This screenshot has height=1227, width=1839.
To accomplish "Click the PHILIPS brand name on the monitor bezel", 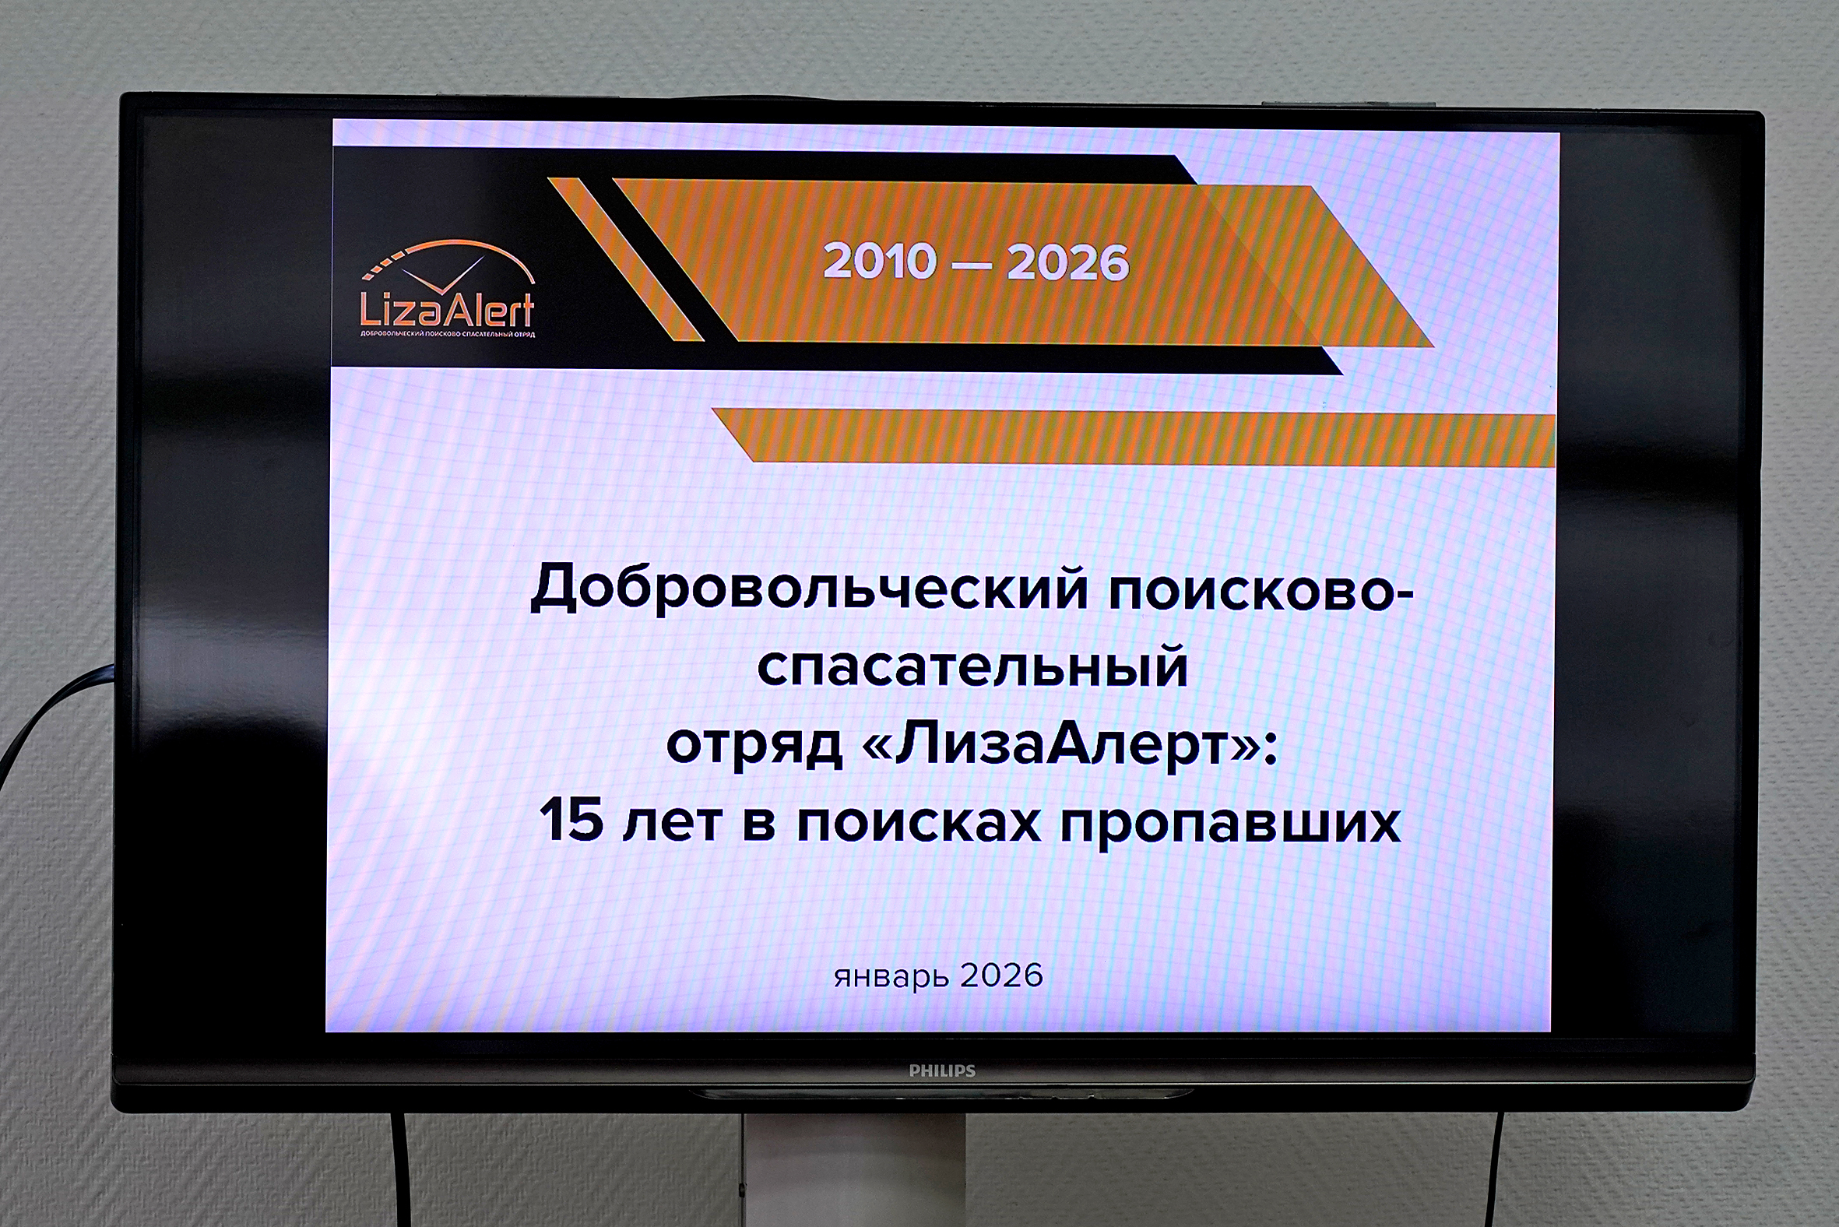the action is [942, 1071].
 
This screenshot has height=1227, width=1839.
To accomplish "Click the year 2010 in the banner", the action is [880, 262].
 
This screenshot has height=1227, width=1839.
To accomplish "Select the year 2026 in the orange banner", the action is [1068, 263].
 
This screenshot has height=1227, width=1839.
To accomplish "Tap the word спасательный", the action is [972, 668].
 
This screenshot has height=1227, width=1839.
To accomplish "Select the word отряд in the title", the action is [754, 746].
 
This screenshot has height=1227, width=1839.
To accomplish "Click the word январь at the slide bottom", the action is [891, 977].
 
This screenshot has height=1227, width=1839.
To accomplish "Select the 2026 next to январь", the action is [1002, 976].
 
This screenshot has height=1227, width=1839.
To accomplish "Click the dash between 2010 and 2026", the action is [971, 266].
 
